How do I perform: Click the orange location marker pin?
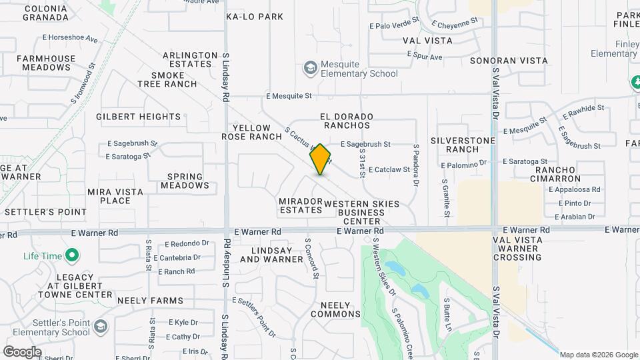(321, 159)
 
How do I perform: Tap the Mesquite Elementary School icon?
(310, 68)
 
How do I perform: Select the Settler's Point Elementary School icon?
(100, 327)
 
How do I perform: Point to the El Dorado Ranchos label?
(346, 121)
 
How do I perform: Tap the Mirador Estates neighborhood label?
(300, 205)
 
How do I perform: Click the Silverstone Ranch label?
(463, 145)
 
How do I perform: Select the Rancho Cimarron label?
(559, 175)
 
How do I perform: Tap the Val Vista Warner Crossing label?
(527, 248)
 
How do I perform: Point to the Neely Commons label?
(335, 309)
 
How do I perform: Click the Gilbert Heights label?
(138, 117)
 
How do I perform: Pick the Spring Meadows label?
(184, 181)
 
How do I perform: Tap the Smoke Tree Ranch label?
(167, 79)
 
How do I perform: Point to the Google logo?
(22, 351)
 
